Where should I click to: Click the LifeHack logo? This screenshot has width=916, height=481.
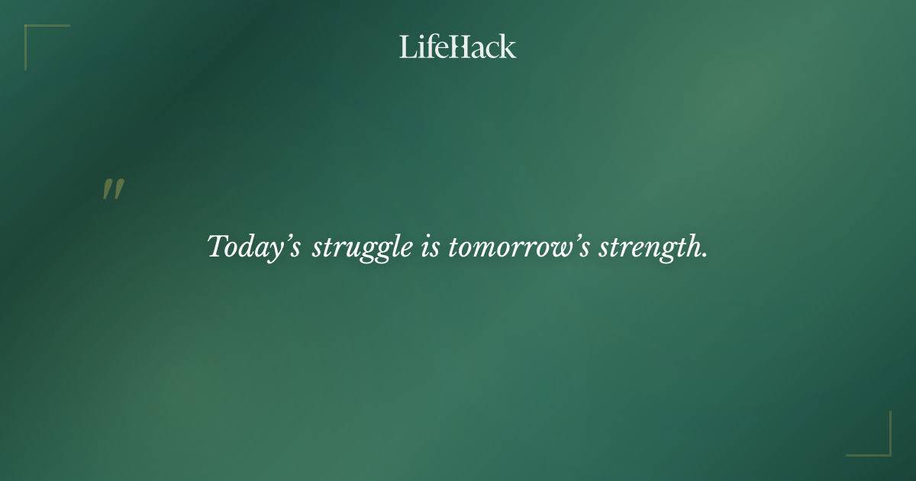(x=458, y=47)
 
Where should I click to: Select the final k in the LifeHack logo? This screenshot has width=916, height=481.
(x=508, y=47)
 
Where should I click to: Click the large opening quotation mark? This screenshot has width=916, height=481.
(x=113, y=189)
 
